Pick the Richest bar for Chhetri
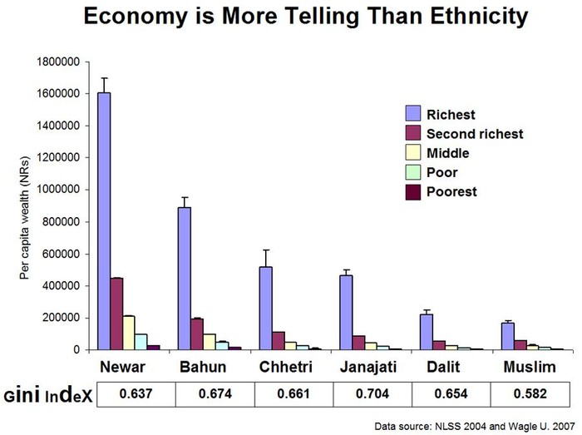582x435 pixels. click(x=265, y=308)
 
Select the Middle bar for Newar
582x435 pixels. click(x=129, y=333)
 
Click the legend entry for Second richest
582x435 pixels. click(x=474, y=133)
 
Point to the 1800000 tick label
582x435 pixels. click(x=57, y=62)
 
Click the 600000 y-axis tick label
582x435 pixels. click(x=60, y=254)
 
